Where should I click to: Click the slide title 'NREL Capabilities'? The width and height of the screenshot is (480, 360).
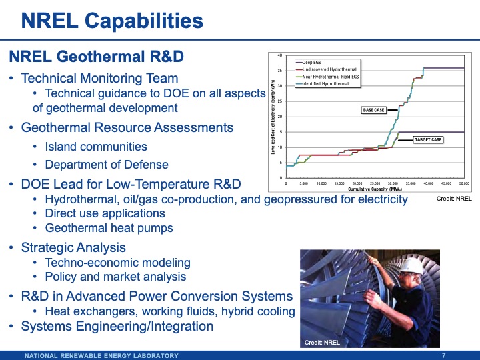point(112,21)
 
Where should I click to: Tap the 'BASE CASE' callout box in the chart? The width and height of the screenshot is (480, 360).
point(373,110)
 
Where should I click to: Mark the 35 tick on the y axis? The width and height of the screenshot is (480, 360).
point(279,71)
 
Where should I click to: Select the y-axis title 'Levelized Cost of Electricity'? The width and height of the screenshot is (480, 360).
point(273,117)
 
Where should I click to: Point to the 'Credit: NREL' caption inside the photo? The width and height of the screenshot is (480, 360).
point(323,343)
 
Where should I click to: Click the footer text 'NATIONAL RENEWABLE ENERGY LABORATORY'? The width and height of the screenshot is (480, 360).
point(101,355)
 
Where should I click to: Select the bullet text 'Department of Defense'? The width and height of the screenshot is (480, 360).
point(107,164)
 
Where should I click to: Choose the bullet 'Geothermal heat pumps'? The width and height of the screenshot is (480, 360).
point(109,228)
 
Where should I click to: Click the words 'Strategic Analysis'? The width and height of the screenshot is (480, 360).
point(73,247)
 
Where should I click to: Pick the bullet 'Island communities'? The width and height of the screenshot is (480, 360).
point(96,146)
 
